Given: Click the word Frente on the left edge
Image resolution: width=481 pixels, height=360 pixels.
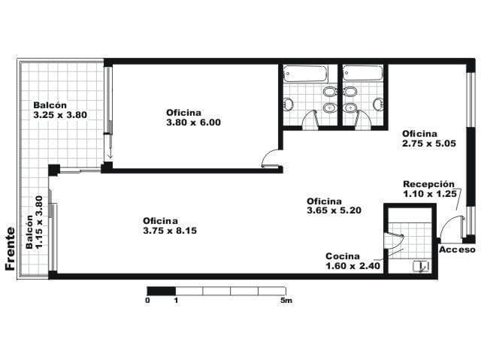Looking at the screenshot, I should (x=11, y=248).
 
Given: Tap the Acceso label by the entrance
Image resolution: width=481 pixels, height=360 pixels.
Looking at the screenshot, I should (x=457, y=250).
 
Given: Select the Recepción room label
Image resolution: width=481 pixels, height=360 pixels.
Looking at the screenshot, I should (x=429, y=189).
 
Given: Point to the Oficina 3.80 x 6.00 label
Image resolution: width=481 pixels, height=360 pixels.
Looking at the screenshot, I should (x=193, y=117).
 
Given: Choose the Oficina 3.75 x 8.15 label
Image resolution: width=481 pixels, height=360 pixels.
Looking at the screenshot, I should (x=170, y=225).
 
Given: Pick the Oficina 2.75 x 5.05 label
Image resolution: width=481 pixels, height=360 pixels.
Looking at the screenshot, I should (x=426, y=139).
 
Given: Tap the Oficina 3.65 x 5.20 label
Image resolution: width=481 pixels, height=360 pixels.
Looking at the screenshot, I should (x=334, y=206).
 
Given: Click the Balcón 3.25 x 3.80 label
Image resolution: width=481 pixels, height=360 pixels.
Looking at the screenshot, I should (x=60, y=110).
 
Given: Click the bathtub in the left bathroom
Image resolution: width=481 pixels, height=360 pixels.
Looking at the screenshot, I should (x=305, y=74).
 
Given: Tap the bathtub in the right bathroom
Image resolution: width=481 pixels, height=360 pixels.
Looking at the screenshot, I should (x=364, y=74).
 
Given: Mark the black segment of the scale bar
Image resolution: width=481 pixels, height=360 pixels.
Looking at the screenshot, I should (x=161, y=290).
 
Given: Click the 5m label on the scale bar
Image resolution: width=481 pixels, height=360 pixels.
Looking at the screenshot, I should (x=286, y=301).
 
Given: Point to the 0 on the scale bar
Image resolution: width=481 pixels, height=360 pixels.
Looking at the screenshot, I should (x=147, y=301).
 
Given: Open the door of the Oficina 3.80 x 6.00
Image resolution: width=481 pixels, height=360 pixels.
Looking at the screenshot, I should (x=271, y=160).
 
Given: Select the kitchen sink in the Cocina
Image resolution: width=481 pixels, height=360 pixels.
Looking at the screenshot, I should (x=422, y=265).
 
